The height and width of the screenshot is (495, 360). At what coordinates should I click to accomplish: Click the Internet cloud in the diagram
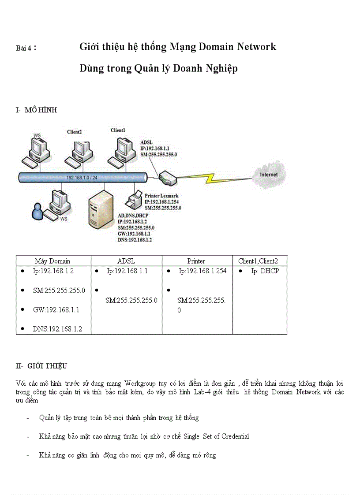[270, 175]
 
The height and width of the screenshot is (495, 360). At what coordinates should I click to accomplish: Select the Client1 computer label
[118, 130]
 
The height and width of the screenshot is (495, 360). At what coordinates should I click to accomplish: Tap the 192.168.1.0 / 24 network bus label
[82, 178]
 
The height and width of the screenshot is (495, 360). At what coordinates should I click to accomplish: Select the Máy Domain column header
[52, 261]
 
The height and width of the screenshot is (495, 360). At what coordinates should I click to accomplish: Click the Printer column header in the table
[196, 261]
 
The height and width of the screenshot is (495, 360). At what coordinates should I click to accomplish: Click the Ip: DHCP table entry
[265, 271]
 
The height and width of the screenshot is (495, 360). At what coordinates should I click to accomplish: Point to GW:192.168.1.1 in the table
[56, 310]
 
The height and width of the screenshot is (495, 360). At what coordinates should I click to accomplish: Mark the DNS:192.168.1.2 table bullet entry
[57, 329]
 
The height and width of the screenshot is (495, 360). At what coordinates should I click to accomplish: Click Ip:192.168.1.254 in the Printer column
[202, 271]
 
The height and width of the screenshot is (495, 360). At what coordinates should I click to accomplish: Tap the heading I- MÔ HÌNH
[36, 111]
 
